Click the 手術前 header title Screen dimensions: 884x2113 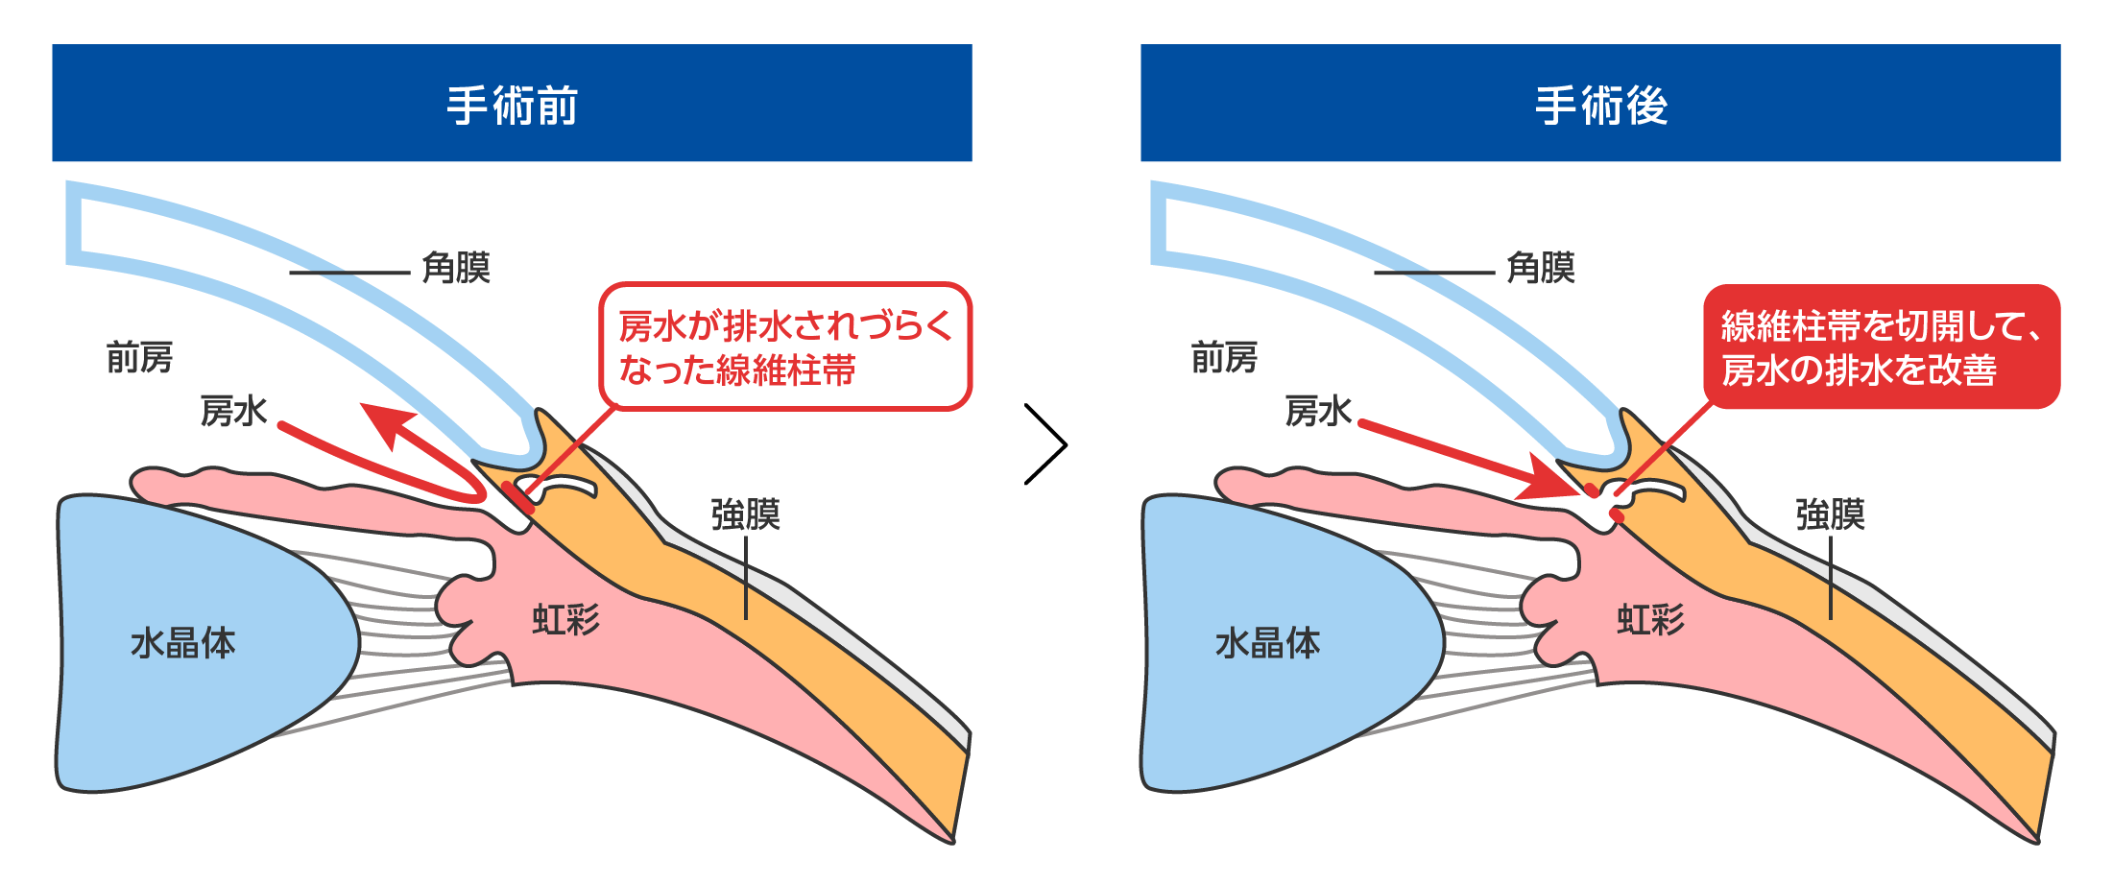(x=512, y=105)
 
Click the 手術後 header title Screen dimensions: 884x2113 (x=1600, y=105)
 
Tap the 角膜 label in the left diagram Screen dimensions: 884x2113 (x=456, y=268)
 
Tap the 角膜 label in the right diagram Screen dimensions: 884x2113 (x=1541, y=268)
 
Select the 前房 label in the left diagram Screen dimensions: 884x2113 (x=139, y=358)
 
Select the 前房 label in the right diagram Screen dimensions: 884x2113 (x=1224, y=358)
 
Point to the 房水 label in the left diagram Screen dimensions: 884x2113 (x=233, y=411)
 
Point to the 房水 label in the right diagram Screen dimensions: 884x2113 (x=1318, y=411)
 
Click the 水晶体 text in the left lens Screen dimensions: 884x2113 (x=182, y=642)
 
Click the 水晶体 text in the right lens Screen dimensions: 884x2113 (x=1267, y=642)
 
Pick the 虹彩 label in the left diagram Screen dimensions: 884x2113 (x=565, y=620)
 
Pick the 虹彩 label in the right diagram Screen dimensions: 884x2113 (x=1650, y=620)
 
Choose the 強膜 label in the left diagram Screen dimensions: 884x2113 (x=745, y=514)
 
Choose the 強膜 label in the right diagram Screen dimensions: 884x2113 (x=1830, y=514)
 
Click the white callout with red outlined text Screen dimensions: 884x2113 (x=785, y=346)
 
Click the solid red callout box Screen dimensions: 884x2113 (x=1881, y=346)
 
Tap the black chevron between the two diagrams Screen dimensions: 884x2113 (x=1046, y=444)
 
